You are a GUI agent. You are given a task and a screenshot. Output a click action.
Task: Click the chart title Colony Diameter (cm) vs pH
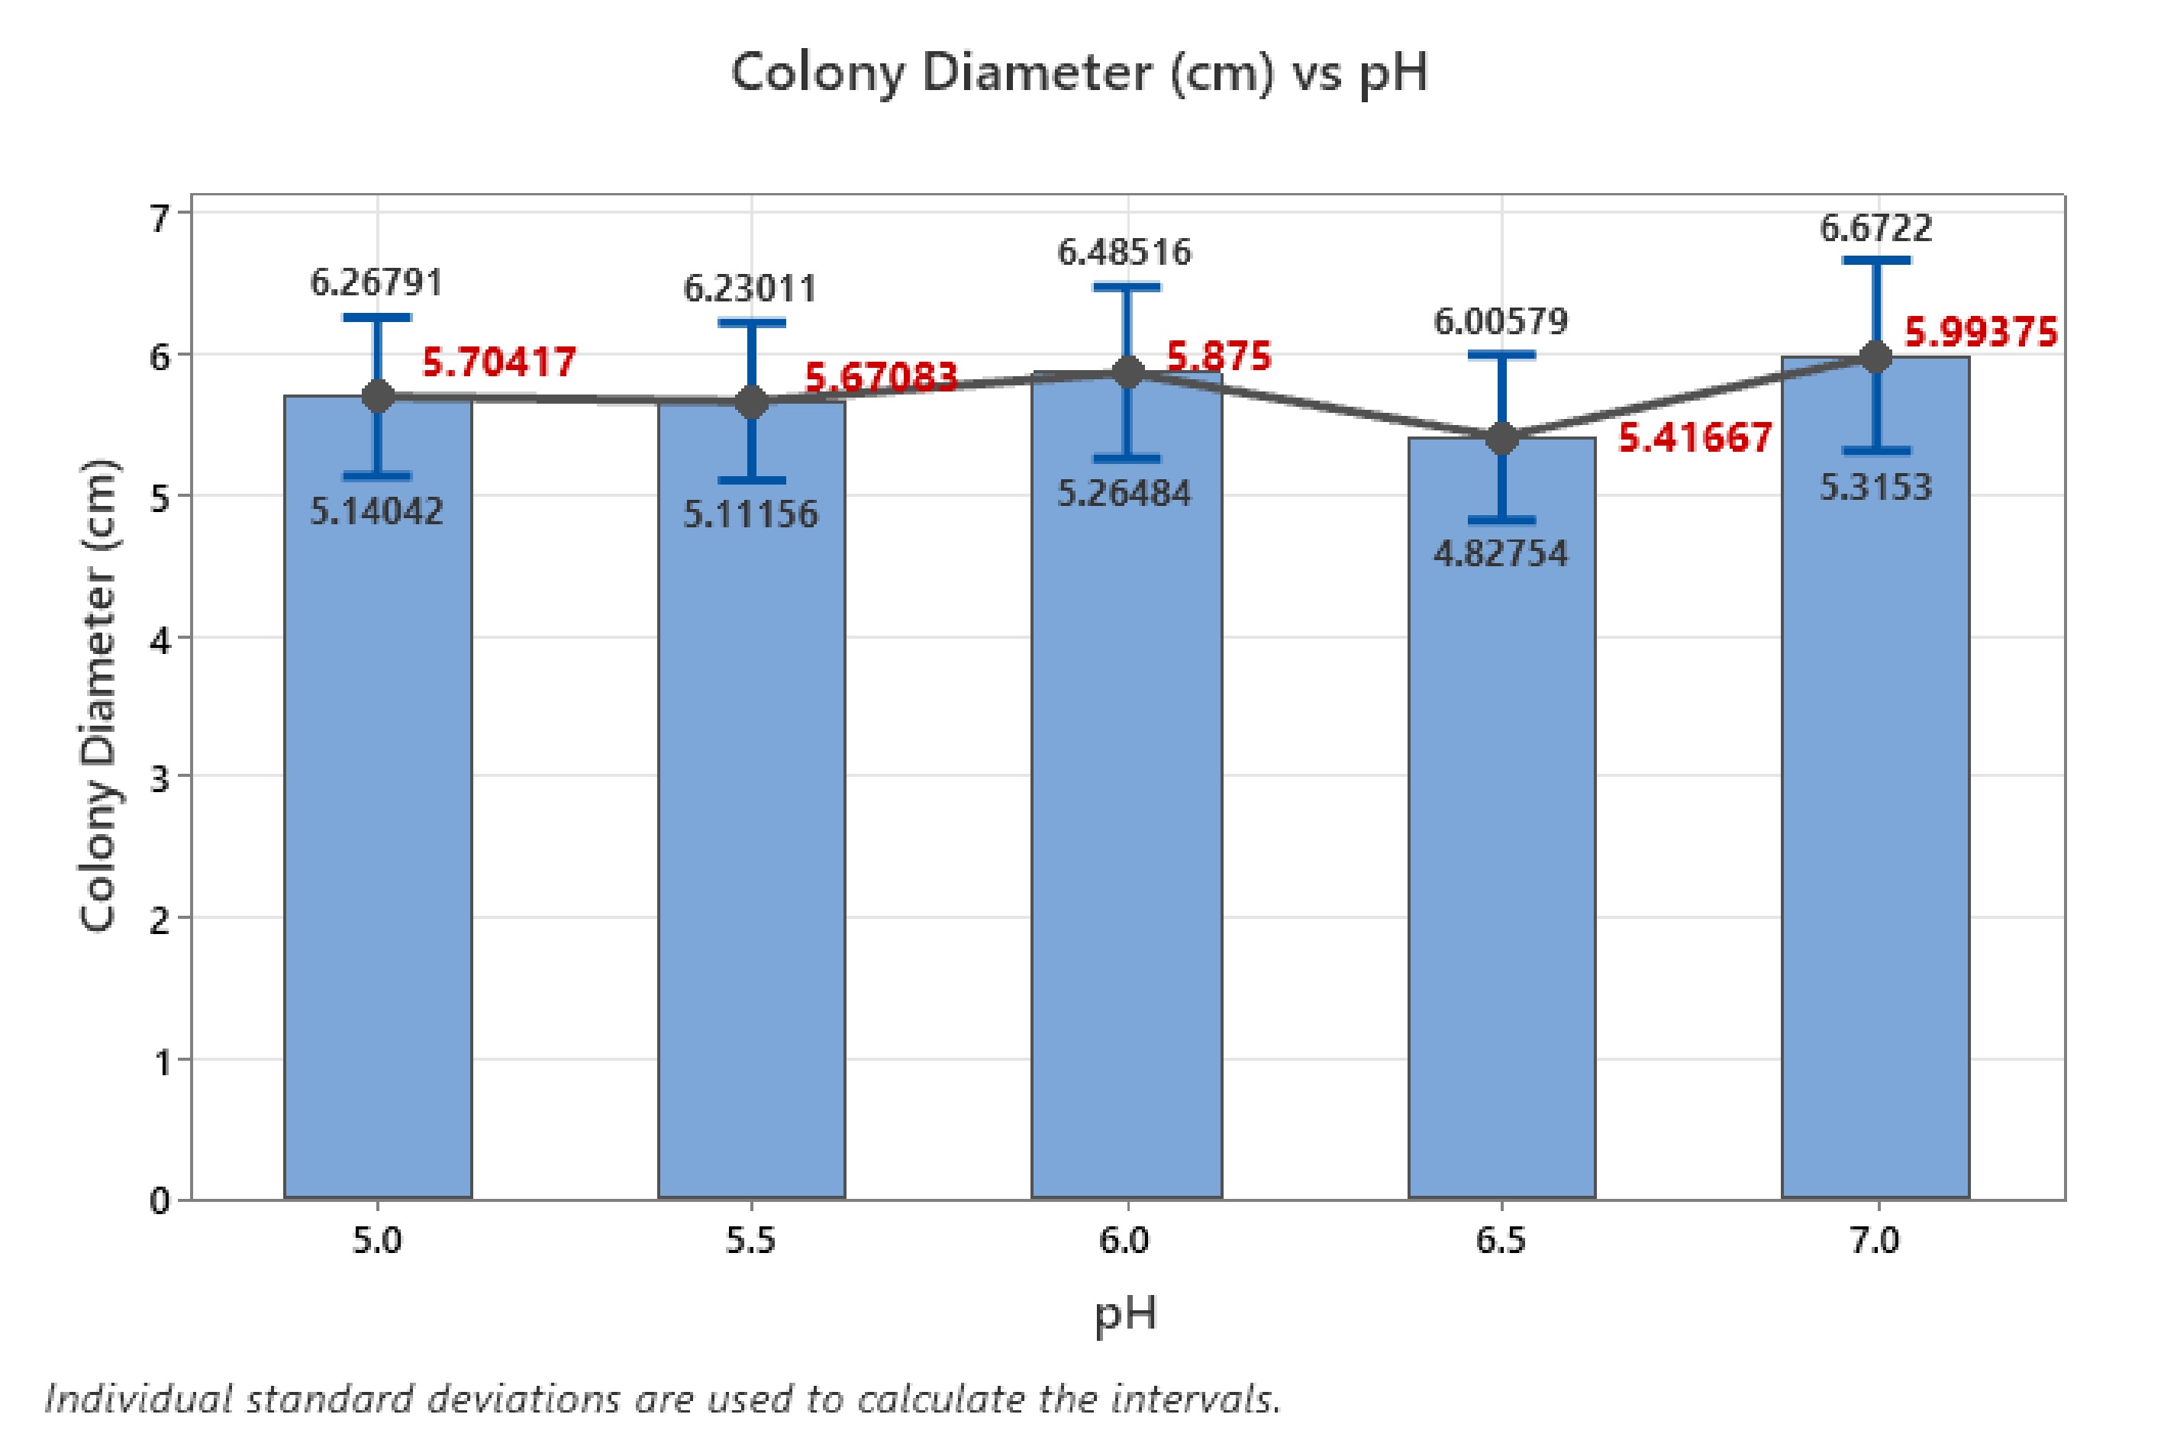click(1079, 73)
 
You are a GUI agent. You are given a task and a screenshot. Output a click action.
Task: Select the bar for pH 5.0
click(378, 826)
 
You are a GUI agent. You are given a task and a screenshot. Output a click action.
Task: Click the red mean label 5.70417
click(498, 362)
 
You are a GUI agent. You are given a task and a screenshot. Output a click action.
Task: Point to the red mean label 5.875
click(1218, 356)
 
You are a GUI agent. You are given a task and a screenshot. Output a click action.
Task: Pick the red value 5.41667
click(1695, 438)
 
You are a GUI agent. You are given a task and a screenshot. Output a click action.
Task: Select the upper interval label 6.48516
click(1124, 252)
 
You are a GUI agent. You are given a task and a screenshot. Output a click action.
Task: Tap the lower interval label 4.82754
click(1501, 554)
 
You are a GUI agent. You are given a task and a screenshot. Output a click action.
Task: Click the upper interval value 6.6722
click(1875, 227)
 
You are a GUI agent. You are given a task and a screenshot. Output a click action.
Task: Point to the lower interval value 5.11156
click(750, 514)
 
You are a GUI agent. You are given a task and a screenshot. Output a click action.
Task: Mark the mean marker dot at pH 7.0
click(1875, 356)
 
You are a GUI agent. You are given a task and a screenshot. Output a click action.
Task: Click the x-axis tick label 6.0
click(1124, 1242)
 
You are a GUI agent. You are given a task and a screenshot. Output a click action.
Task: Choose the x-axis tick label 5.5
click(750, 1242)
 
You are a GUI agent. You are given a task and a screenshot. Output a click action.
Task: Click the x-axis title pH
click(1125, 1315)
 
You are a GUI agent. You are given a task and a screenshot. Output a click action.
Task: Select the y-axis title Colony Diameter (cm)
click(98, 696)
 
